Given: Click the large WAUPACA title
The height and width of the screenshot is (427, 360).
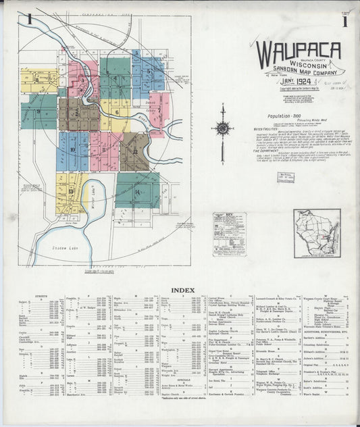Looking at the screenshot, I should pos(298,52).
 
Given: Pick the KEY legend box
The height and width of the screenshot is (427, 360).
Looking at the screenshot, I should pos(230,234).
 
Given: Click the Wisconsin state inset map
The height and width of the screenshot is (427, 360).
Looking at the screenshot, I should pos(317,233).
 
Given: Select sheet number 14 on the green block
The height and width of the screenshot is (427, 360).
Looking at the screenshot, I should pos(137,192).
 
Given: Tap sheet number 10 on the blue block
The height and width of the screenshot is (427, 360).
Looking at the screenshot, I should pos(72,149).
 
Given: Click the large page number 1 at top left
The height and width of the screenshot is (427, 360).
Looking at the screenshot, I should pos(30,20).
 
